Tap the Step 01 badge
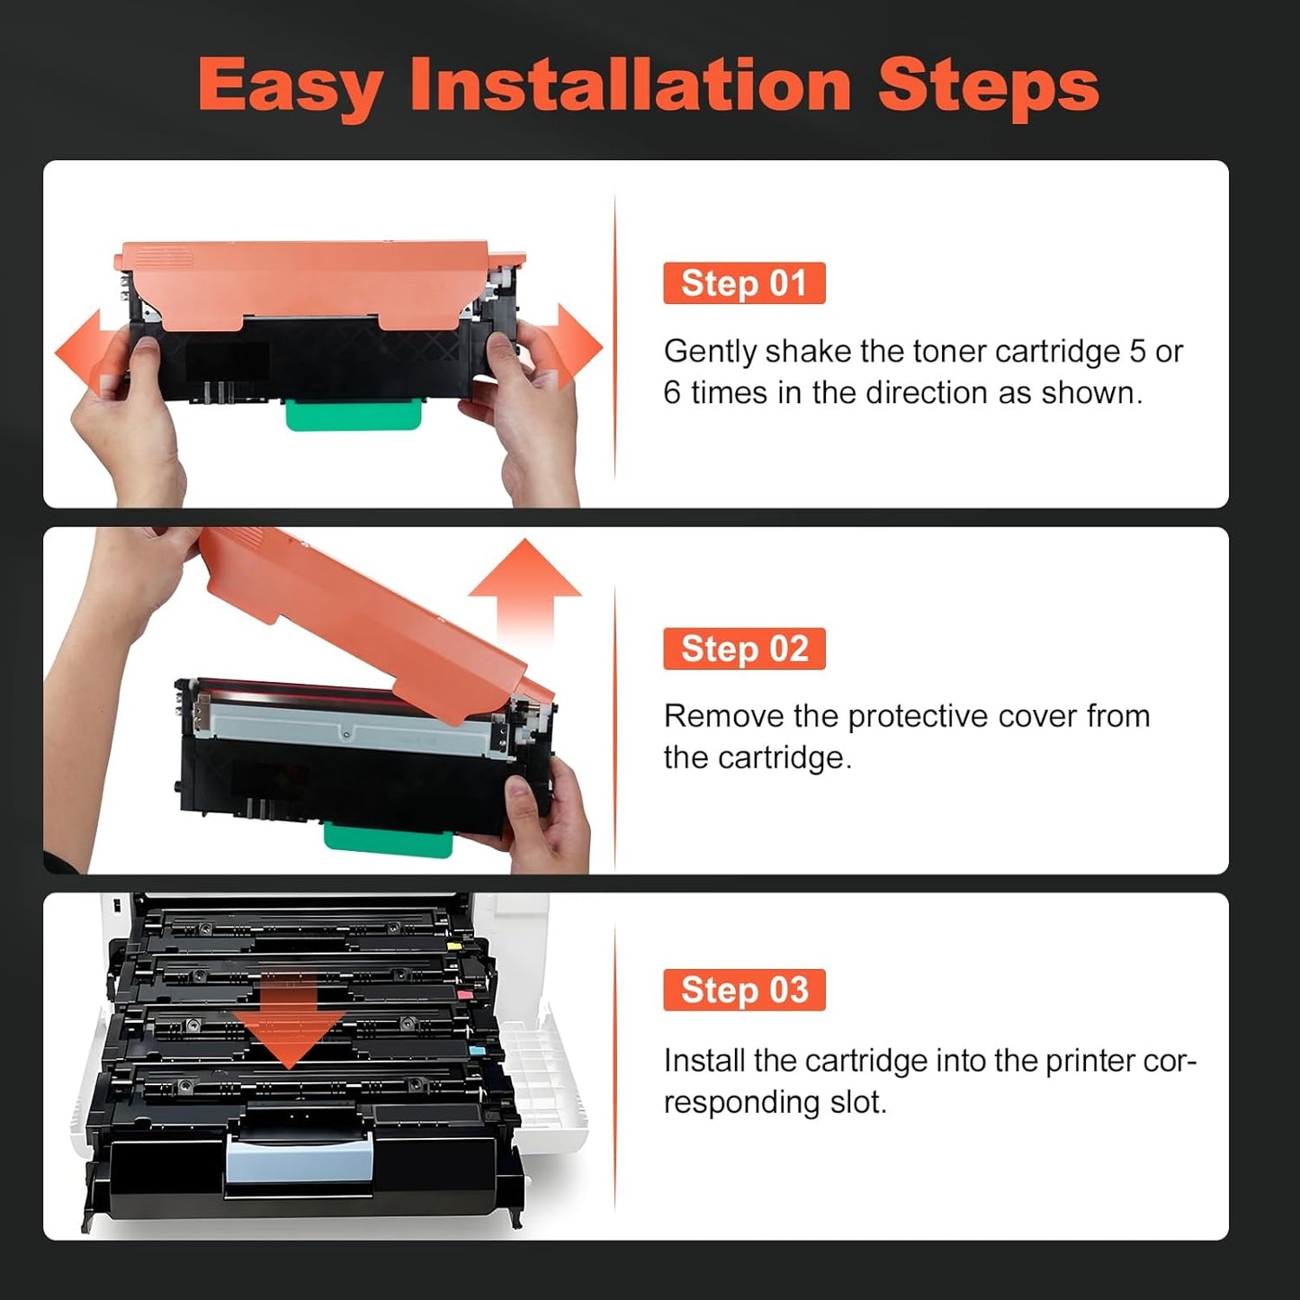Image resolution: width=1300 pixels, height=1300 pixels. pyautogui.click(x=744, y=283)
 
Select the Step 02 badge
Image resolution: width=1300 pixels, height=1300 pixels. pyautogui.click(x=744, y=649)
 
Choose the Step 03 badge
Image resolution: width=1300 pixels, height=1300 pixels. pyautogui.click(x=744, y=990)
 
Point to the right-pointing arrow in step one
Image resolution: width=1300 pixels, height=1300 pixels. pyautogui.click(x=577, y=347)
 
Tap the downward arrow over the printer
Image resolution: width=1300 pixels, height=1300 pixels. pyautogui.click(x=288, y=1026)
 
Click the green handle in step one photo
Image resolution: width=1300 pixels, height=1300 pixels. pyautogui.click(x=354, y=415)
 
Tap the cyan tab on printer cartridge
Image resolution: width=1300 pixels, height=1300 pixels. pyautogui.click(x=477, y=1049)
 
